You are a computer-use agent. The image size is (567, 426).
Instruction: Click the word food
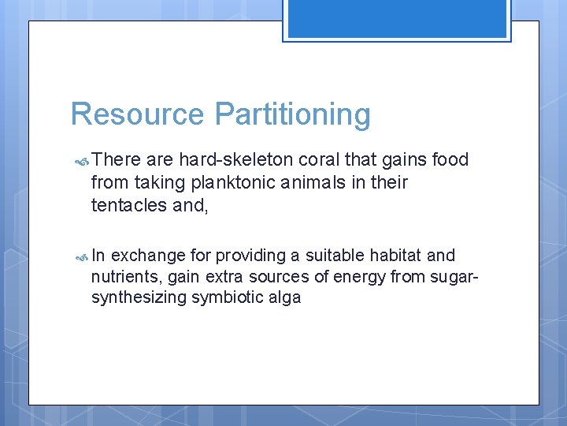click(450, 160)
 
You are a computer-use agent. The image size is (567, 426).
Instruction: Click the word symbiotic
click(227, 297)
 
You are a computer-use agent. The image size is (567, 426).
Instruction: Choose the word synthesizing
click(139, 298)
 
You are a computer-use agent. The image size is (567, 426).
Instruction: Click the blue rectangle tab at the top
click(397, 19)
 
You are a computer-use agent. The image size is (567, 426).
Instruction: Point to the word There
click(116, 160)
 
